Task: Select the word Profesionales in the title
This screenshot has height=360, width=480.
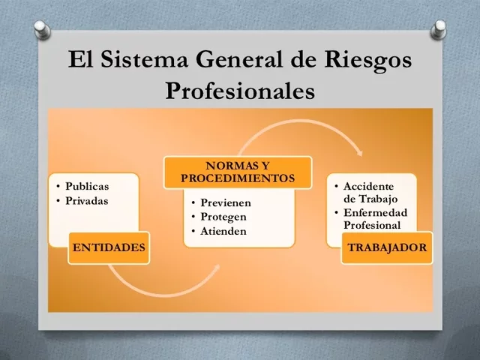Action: pos(239,91)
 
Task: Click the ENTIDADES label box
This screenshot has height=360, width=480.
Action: pos(108,247)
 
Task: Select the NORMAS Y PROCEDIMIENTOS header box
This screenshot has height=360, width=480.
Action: pos(238,172)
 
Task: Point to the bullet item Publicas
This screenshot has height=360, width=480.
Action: pos(87,187)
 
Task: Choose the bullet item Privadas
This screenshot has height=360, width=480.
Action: pos(87,201)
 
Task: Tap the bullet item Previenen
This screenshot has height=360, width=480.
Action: pos(225,203)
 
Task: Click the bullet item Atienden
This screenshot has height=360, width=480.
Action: pos(223,231)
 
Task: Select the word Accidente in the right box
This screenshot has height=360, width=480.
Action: pos(367,186)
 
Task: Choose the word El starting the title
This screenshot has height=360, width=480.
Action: pos(81,60)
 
